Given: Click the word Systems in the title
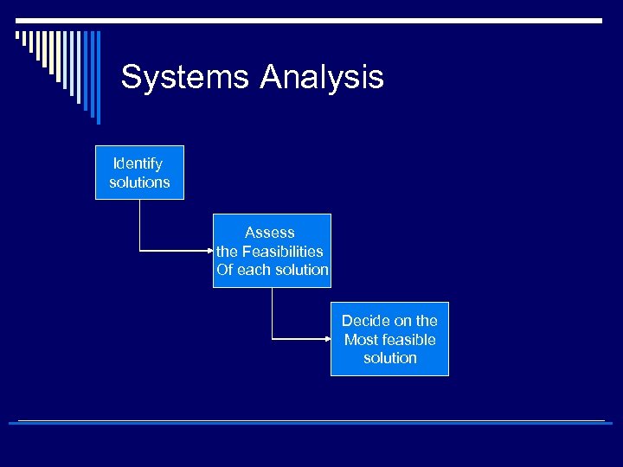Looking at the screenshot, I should point(185,78).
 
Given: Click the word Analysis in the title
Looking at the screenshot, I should point(321,78).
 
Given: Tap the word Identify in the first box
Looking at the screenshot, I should point(138,163).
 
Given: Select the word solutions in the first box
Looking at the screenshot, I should point(139,182).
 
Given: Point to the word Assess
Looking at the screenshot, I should point(270,233).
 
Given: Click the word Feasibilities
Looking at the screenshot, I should point(282,252).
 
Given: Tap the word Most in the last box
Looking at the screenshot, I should point(361,340).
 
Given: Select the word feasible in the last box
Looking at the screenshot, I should point(408,340).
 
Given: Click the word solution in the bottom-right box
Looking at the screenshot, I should point(390,358).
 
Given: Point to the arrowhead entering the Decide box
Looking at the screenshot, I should point(326,339).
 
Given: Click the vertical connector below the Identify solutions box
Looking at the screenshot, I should point(139,225).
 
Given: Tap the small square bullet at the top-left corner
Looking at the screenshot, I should point(18,35).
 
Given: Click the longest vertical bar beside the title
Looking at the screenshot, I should point(98,78).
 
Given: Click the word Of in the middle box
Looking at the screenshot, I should point(225,270).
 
